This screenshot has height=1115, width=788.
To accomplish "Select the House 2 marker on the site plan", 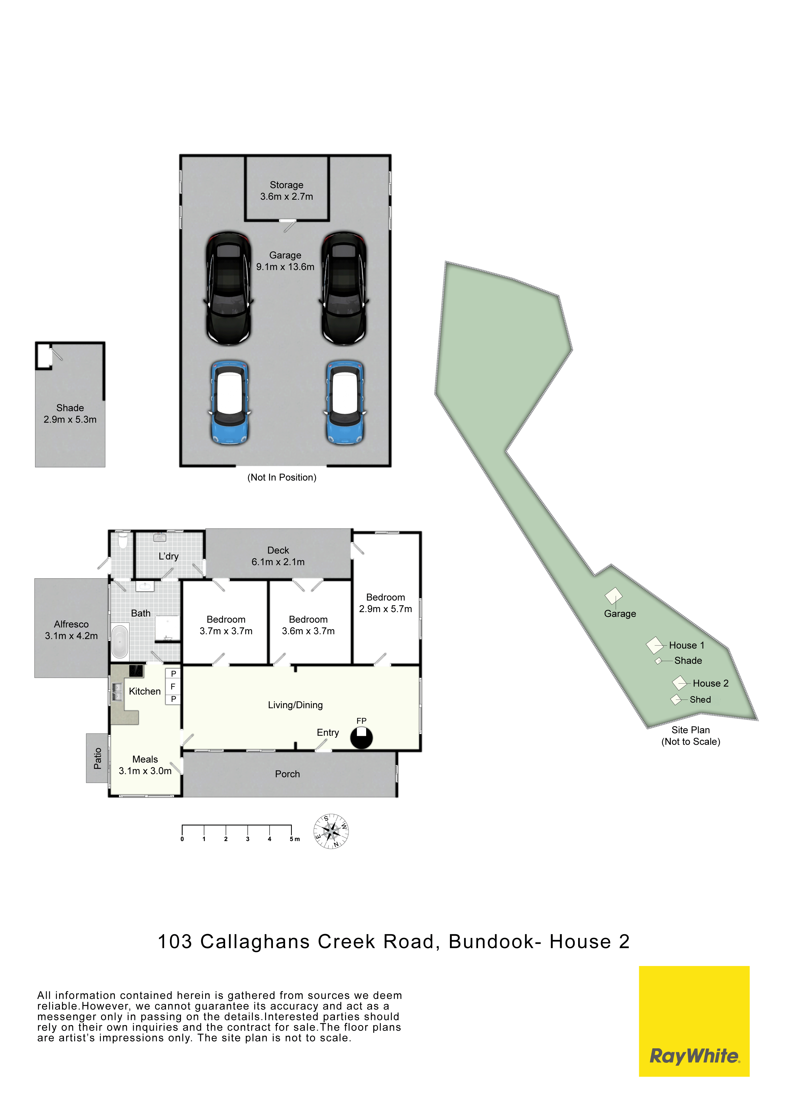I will click(679, 683).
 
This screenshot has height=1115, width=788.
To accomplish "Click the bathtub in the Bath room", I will click(120, 641).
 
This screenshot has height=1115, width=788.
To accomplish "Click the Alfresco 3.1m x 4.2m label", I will click(71, 630).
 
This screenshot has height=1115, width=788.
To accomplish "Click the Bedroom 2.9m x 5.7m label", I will click(386, 603).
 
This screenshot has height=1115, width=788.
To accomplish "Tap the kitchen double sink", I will click(117, 692).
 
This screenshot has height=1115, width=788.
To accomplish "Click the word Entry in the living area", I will click(328, 732).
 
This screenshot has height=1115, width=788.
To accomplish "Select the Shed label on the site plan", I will click(700, 699).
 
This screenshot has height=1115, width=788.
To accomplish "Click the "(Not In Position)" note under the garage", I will click(282, 477).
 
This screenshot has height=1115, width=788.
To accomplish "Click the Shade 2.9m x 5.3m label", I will click(70, 414).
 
